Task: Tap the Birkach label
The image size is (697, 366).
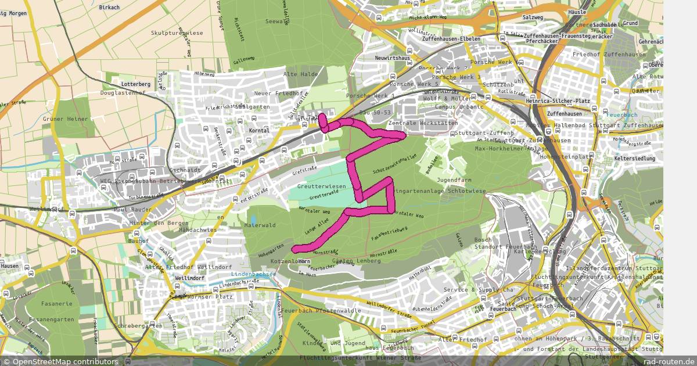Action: point(109,8)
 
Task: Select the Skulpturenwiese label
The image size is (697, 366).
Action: point(177,33)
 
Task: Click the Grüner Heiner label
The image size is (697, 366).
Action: point(65,119)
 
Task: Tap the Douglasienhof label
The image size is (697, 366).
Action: point(123,93)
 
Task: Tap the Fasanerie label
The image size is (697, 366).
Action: point(57,304)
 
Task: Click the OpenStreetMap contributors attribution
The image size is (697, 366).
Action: point(60,361)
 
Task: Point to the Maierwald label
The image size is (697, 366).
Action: point(260,224)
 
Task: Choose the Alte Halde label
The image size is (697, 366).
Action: point(300,74)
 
